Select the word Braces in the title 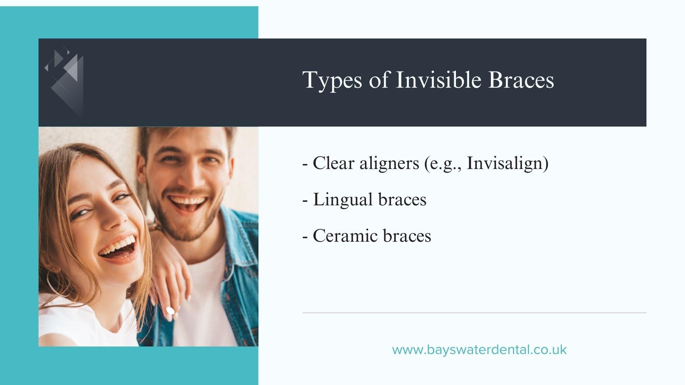click(x=521, y=79)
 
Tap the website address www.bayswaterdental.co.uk click(x=479, y=349)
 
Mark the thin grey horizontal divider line click(x=475, y=313)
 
